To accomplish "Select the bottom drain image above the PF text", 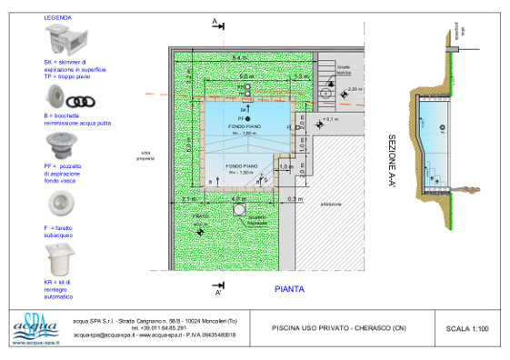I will point(65,145).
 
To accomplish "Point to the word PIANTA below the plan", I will point(289,289).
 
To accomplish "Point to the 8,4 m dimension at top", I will point(239,58).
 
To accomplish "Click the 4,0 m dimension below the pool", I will point(239,198).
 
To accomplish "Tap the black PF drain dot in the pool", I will point(248,119).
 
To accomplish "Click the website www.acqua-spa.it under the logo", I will point(32,344).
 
